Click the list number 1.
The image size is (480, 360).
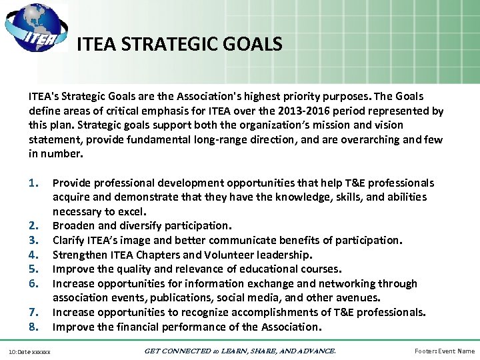coord(35,183)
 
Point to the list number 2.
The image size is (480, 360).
coord(35,226)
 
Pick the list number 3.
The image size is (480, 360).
coord(35,240)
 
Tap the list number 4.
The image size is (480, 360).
coord(35,255)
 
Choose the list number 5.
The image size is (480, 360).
coord(35,269)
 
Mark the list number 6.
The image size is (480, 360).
coord(35,283)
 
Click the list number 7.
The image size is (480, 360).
coord(35,312)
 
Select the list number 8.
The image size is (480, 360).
coord(35,327)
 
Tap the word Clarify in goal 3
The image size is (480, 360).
coord(69,240)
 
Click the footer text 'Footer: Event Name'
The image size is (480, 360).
coord(444,351)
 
